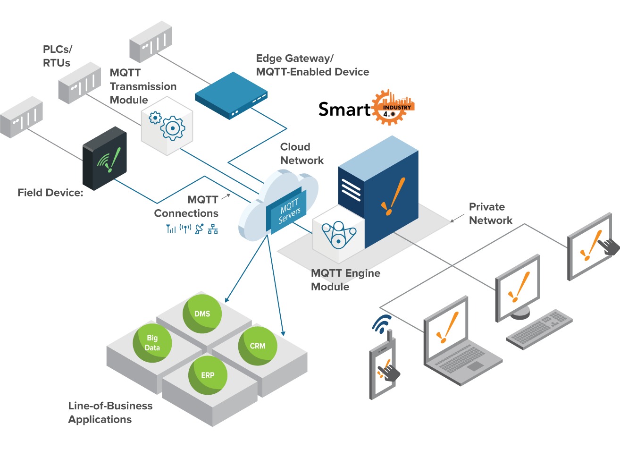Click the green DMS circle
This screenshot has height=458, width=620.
(x=202, y=314)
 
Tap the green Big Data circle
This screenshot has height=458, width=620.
(x=152, y=343)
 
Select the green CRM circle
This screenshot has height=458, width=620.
(x=258, y=346)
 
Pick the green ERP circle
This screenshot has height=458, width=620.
(x=208, y=375)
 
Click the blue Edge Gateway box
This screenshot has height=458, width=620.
(x=231, y=95)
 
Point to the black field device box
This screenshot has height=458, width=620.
(x=105, y=159)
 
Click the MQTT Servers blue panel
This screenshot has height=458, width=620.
(x=287, y=211)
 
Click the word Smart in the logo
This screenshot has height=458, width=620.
(x=344, y=110)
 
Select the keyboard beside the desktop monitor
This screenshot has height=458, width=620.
(x=539, y=329)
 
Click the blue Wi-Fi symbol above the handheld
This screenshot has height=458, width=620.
(x=382, y=323)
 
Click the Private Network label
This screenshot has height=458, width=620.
(x=490, y=213)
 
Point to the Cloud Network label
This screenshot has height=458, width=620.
(x=302, y=153)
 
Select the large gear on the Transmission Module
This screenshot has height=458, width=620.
(x=173, y=128)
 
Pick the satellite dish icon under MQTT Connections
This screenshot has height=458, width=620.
(x=200, y=229)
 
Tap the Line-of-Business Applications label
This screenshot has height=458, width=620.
(x=110, y=412)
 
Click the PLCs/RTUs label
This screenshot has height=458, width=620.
(x=57, y=56)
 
